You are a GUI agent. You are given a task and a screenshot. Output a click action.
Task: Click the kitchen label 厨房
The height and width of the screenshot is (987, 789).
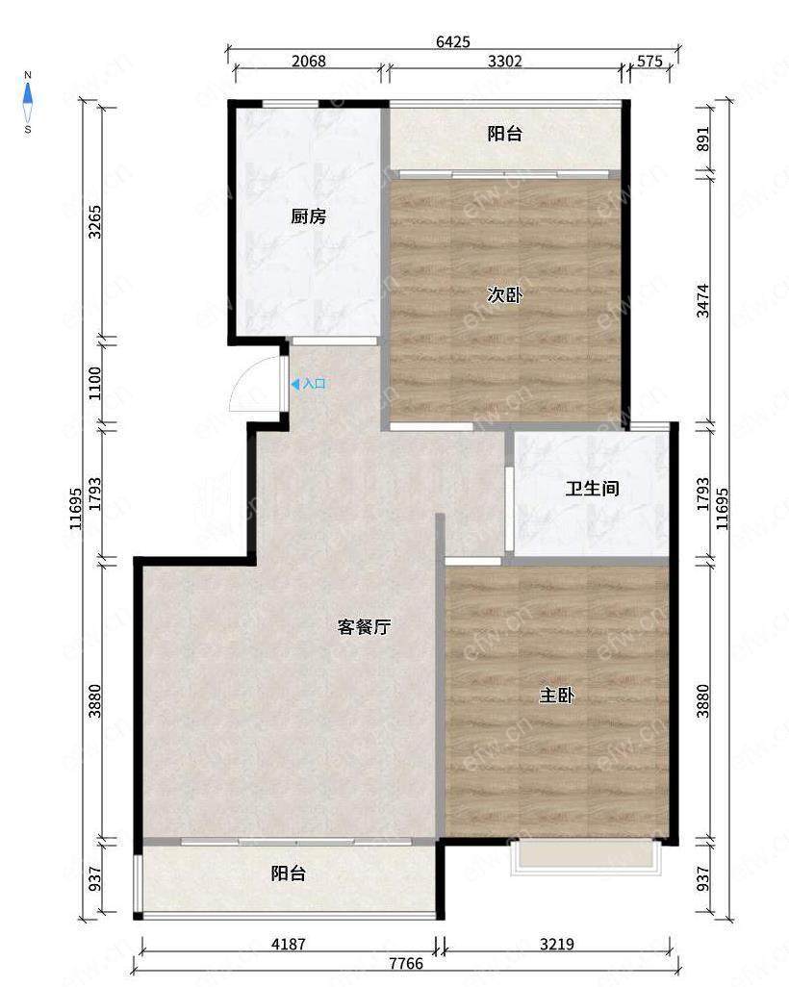tap(309, 216)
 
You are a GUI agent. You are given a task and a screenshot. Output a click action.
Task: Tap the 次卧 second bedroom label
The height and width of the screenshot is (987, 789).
tap(505, 294)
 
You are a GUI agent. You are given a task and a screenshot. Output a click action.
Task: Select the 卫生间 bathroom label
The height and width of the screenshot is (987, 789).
tap(592, 489)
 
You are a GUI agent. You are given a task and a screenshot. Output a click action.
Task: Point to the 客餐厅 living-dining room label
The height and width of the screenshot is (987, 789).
tap(364, 627)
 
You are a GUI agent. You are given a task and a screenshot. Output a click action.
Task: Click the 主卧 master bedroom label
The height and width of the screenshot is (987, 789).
tap(557, 696)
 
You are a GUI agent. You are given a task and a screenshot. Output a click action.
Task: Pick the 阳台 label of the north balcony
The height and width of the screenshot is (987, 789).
tap(505, 134)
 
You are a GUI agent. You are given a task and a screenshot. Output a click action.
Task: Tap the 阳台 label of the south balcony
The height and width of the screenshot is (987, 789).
tap(289, 873)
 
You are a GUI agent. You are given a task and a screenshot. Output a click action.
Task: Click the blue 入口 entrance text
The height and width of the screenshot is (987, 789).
tap(315, 383)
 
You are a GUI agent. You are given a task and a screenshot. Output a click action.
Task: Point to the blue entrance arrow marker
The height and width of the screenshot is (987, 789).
tap(294, 383)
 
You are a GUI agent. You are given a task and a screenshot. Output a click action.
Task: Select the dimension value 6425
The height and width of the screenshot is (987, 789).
tap(453, 41)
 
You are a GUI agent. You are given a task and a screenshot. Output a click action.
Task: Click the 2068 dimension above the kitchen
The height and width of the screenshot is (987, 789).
tap(309, 61)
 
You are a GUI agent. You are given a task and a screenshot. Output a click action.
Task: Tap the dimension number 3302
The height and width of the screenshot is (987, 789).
tap(505, 61)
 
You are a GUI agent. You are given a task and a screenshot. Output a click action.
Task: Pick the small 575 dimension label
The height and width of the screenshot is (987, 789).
tap(649, 61)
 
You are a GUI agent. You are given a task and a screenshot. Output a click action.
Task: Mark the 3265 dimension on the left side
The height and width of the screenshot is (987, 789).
tap(94, 222)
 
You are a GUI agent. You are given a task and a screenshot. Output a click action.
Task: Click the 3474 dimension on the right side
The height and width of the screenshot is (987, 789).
tap(702, 301)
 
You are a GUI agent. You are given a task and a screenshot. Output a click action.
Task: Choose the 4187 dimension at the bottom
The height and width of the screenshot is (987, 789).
tap(289, 945)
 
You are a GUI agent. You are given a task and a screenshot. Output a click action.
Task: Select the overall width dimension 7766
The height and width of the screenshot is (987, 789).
tap(406, 964)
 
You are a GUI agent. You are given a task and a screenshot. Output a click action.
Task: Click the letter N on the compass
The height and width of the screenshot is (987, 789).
tap(28, 76)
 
